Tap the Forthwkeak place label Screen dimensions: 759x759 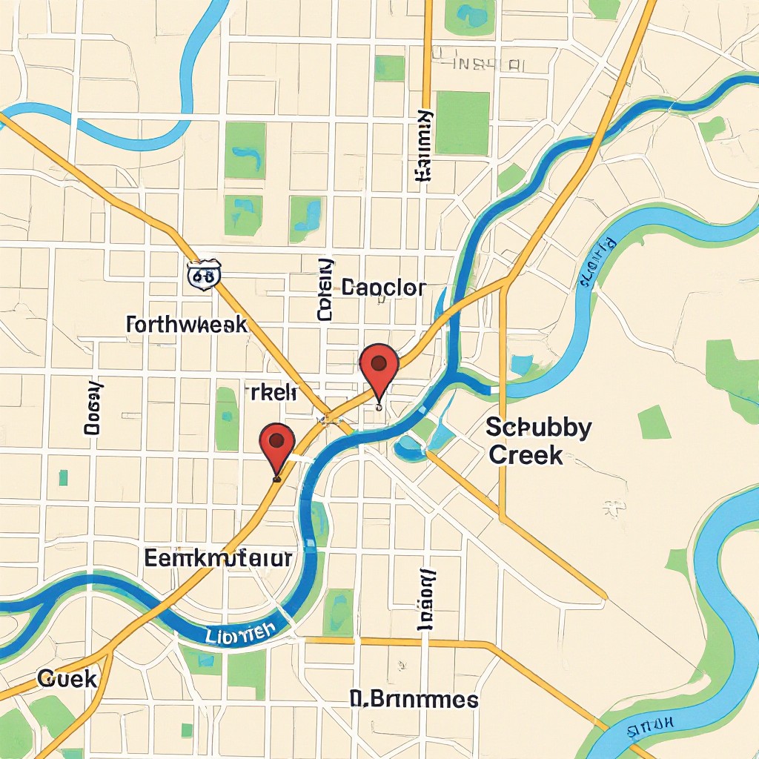pyautogui.click(x=187, y=325)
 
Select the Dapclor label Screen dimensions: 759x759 pyautogui.click(x=383, y=288)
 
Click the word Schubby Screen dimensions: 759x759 pyautogui.click(x=539, y=428)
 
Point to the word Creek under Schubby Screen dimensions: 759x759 pyautogui.click(x=526, y=455)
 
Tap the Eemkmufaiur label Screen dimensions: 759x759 pyautogui.click(x=218, y=559)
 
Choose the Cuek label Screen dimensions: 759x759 pyautogui.click(x=67, y=677)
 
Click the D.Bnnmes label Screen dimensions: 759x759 pyautogui.click(x=414, y=700)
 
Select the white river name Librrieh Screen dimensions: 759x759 pyautogui.click(x=239, y=633)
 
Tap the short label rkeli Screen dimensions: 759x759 pyautogui.click(x=272, y=393)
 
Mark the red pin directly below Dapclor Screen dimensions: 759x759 pyautogui.click(x=379, y=365)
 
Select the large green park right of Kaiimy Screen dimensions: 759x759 pyautogui.click(x=463, y=123)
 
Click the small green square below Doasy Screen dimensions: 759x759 pyautogui.click(x=64, y=477)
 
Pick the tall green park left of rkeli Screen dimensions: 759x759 pyautogui.click(x=227, y=419)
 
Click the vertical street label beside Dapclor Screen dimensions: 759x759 pyautogui.click(x=325, y=290)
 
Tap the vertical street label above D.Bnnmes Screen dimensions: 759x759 pyautogui.click(x=426, y=600)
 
